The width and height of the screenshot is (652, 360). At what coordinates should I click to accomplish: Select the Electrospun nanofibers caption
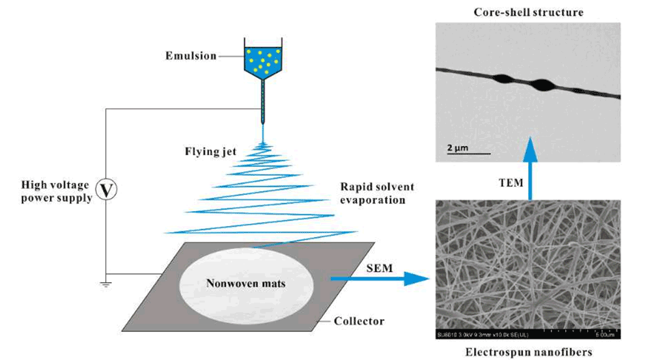pos(527,352)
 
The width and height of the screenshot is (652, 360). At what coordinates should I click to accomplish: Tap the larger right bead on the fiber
pos(544,85)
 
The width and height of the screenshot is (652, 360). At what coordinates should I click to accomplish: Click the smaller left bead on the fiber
pos(511,79)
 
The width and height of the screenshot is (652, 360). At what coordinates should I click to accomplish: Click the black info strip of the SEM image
pos(528,335)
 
